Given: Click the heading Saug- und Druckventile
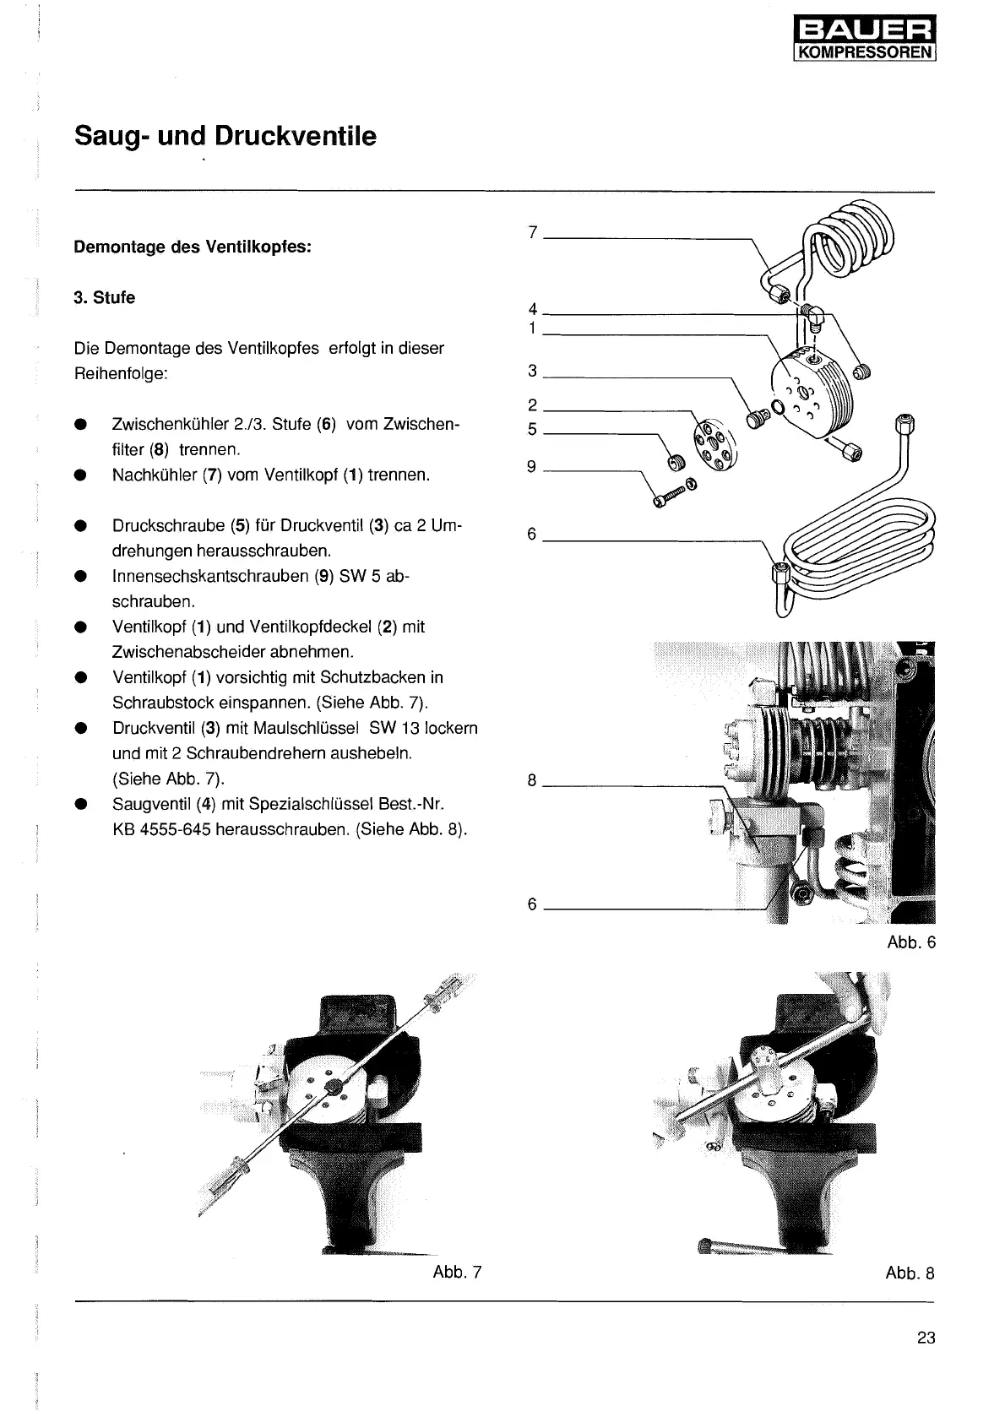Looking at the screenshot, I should pyautogui.click(x=225, y=136).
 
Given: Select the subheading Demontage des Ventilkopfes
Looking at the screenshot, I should pyautogui.click(x=193, y=247).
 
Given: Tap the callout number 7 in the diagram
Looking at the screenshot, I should pyautogui.click(x=532, y=232).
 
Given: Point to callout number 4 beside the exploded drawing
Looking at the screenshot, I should pyautogui.click(x=532, y=310).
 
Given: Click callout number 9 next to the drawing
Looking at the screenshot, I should pyautogui.click(x=532, y=466).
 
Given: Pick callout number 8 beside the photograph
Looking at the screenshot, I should pyautogui.click(x=532, y=780).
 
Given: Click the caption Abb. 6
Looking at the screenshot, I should pyautogui.click(x=911, y=942).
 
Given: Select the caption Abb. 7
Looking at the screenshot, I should pyautogui.click(x=457, y=1272).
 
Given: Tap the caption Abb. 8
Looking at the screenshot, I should pyautogui.click(x=910, y=1273).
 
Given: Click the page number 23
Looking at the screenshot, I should pyautogui.click(x=926, y=1338).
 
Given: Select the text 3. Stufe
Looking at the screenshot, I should pyautogui.click(x=105, y=298).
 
